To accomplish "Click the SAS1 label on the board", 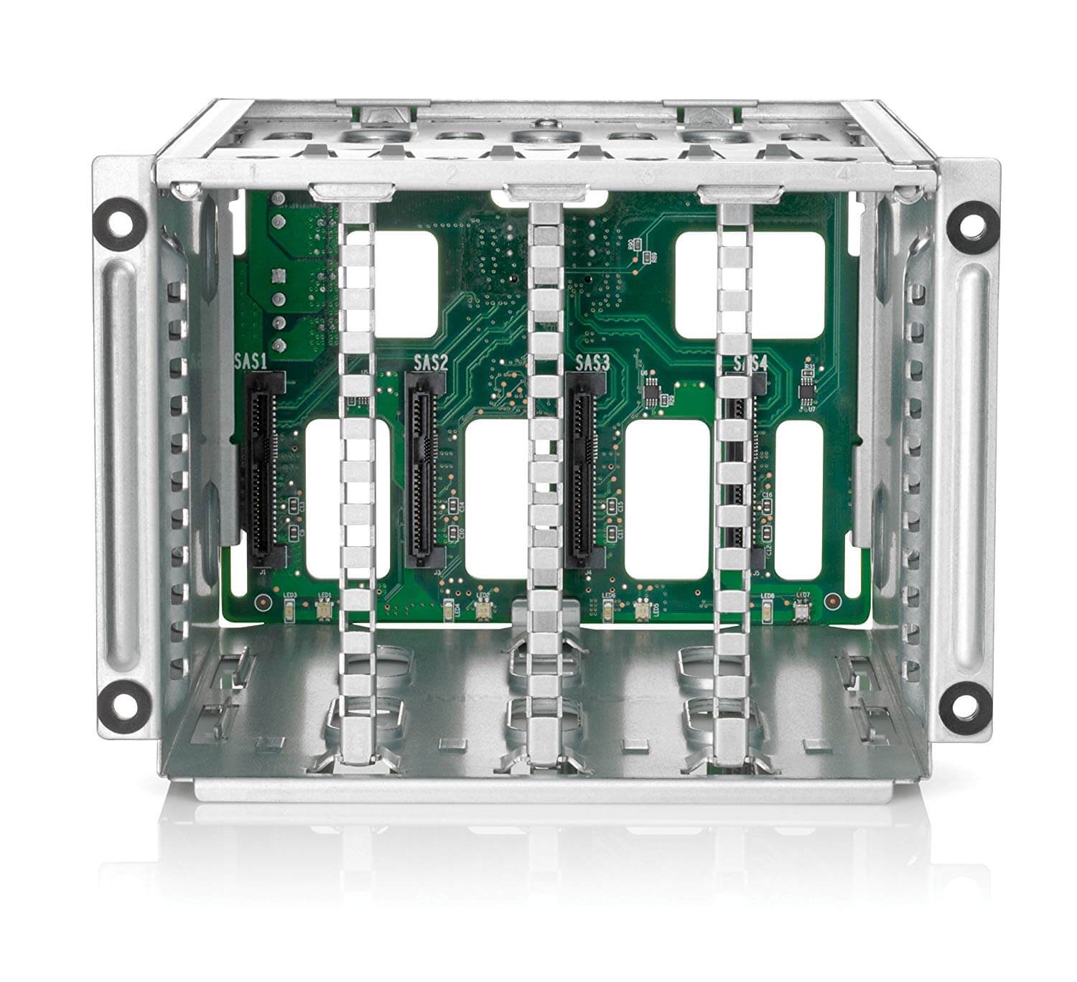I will [x=251, y=361].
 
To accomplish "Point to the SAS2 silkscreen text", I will [x=431, y=362].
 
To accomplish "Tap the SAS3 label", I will [x=592, y=362].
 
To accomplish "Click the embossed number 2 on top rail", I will [x=452, y=173].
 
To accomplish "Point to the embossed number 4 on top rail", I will [x=844, y=174].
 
